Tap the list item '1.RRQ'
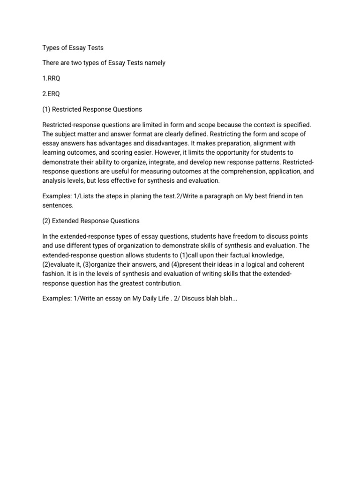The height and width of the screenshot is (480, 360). click(x=52, y=78)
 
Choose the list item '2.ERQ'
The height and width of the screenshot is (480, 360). click(x=52, y=94)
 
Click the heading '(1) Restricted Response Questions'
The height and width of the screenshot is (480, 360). click(x=92, y=109)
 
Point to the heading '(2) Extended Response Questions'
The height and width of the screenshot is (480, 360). click(x=91, y=220)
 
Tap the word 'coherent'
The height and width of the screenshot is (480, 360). click(x=295, y=264)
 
